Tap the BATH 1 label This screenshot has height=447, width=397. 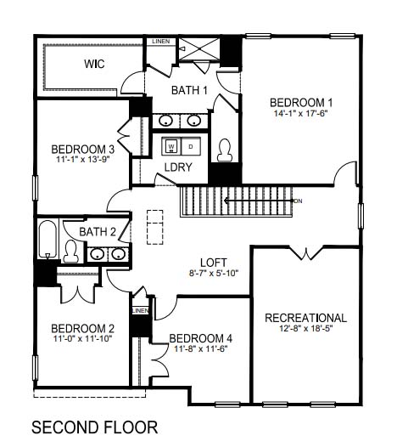189,90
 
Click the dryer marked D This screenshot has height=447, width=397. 191,145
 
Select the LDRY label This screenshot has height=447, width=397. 178,167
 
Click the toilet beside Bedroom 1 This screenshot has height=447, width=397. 224,150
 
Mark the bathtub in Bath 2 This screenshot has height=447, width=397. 48,240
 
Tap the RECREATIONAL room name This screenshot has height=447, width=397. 306,318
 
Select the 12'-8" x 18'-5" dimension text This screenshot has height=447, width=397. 306,330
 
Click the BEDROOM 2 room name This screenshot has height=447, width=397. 82,329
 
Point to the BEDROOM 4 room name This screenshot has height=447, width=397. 203,337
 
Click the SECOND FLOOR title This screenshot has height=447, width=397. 93,426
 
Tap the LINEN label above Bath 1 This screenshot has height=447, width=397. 159,42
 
